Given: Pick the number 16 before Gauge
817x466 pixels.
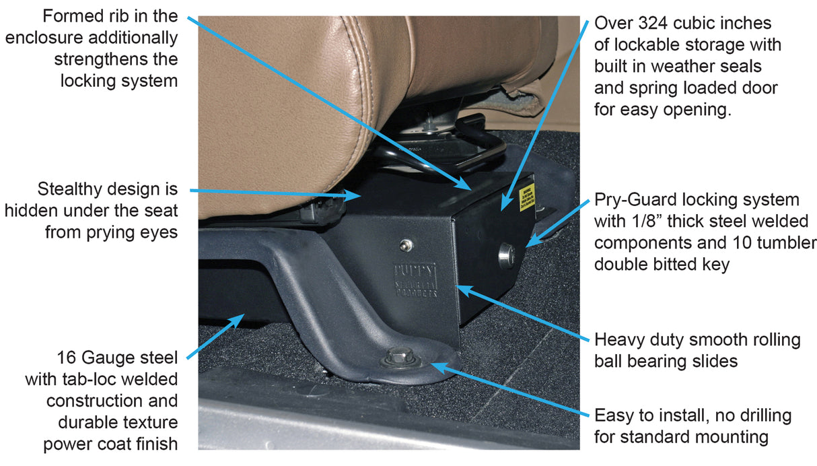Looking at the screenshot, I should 69,357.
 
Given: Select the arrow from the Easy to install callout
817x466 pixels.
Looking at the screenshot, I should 505,391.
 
